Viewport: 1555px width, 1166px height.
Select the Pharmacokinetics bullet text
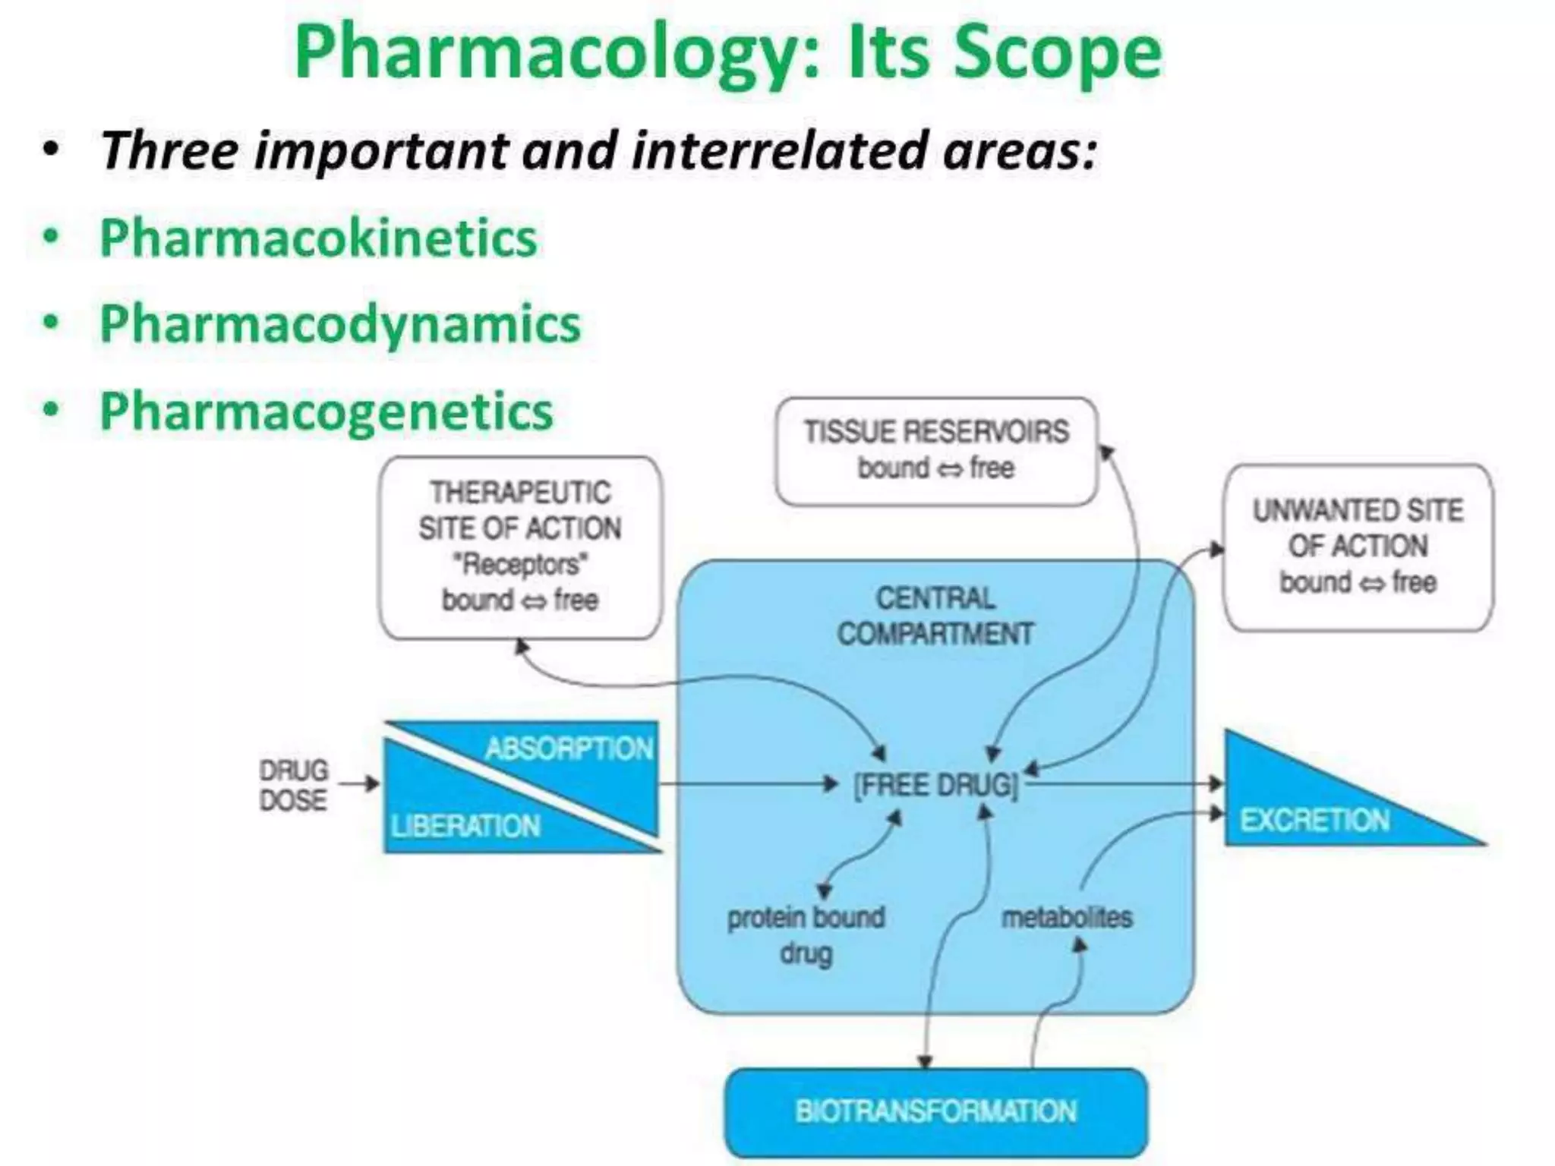pos(319,238)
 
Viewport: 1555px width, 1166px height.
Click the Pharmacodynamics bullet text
pos(340,325)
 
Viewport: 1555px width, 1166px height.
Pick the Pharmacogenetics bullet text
pos(326,411)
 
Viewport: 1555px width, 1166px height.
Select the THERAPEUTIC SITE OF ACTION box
pos(520,547)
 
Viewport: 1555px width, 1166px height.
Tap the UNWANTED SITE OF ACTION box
pos(1358,547)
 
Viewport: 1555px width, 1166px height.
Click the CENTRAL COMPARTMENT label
pos(935,616)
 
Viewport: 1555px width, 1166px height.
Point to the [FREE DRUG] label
pos(935,785)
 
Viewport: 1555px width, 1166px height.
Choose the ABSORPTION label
pos(569,748)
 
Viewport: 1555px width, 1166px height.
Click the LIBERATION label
pos(465,826)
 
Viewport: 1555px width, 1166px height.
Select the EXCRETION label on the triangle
pos(1314,820)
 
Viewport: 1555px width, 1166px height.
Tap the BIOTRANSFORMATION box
pos(935,1111)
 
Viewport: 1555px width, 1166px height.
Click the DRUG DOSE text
pos(293,785)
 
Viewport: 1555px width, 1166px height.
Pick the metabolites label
pos(1067,918)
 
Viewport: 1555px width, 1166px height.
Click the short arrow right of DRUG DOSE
pos(358,783)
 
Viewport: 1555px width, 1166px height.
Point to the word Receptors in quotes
pos(520,564)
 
